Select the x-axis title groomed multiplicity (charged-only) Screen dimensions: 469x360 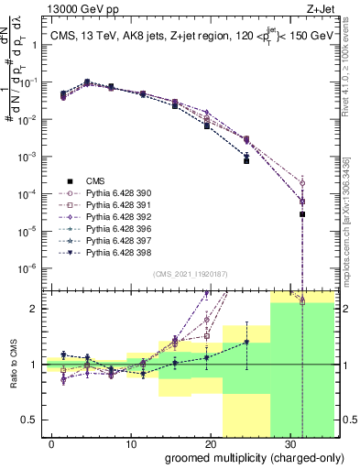(x=242, y=457)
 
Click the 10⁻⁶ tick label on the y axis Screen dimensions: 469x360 (x=28, y=268)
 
